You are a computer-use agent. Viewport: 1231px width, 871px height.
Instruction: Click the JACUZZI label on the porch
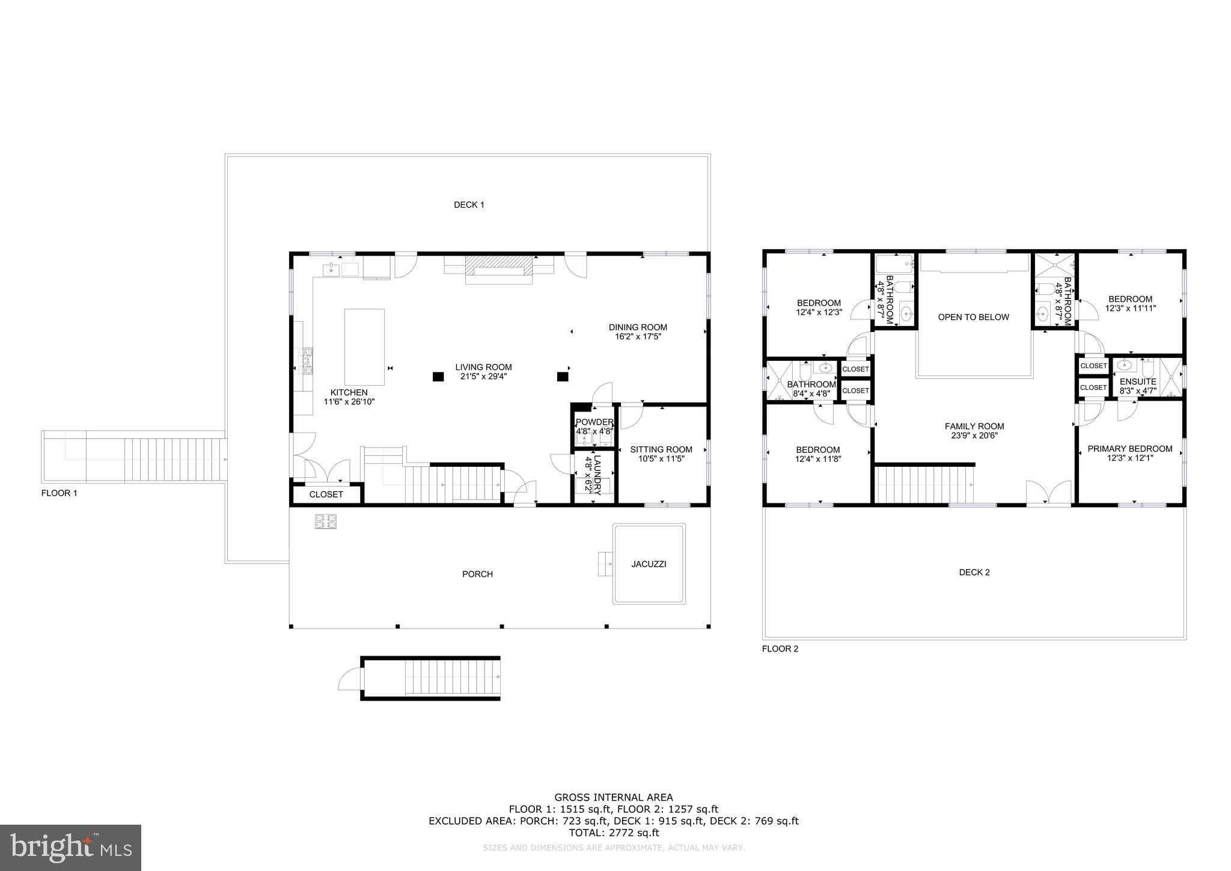(649, 564)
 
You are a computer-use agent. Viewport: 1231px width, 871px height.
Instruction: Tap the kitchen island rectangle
(364, 347)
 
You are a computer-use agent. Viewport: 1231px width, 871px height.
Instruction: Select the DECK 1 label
(469, 205)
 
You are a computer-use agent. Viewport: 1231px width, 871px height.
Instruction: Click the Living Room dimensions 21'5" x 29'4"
(483, 377)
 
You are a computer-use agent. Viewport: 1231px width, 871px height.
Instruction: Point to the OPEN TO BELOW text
(973, 317)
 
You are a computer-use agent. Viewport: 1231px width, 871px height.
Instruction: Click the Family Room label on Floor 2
(974, 426)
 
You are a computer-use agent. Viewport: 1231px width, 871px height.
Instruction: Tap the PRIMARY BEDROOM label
(1129, 449)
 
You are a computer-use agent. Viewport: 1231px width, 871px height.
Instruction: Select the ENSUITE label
(1138, 381)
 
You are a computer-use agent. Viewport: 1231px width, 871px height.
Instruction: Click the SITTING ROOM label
(661, 449)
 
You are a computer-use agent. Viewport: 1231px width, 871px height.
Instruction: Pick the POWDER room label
(594, 422)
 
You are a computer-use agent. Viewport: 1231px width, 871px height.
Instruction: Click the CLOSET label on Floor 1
(326, 494)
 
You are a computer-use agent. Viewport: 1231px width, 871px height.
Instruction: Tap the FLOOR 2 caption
(780, 649)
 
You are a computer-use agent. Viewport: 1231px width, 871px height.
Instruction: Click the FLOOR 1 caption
(59, 493)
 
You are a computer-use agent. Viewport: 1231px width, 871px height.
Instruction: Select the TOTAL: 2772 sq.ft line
(613, 833)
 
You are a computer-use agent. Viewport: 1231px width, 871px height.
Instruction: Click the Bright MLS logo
(70, 848)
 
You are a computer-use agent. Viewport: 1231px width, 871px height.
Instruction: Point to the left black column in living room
(438, 377)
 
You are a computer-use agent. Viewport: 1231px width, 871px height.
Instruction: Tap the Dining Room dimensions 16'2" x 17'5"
(638, 337)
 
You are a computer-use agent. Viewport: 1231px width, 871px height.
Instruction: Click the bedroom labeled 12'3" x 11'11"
(1130, 303)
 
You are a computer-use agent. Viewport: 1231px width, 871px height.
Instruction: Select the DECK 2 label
(974, 573)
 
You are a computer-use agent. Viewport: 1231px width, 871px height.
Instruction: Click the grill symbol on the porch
(326, 522)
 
